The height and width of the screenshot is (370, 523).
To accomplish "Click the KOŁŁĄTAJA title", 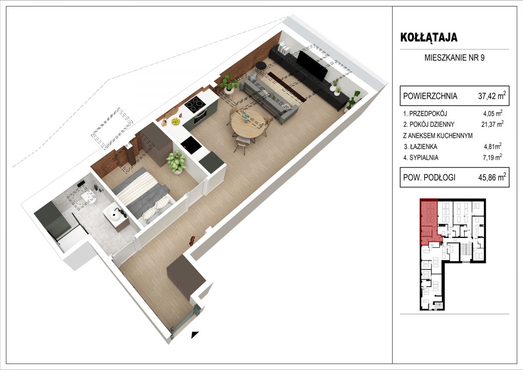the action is pos(429,37).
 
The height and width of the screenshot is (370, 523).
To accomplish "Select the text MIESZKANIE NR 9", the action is pos(454,58).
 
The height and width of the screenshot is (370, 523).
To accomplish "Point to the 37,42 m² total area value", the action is pos(492,96).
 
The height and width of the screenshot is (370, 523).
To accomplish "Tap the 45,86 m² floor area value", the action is pos(492,177).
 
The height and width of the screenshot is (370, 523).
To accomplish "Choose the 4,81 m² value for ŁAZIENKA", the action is pos(492,146).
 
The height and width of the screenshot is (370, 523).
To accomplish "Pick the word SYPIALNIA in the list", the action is pos(424,158).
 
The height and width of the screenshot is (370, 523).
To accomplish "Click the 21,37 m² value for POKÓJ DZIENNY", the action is pos(492,124).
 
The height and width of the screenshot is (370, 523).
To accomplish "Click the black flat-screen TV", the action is pos(312,64).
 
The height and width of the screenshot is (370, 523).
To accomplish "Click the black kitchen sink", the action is pos(191,145).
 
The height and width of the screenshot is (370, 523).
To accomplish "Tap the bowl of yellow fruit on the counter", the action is pos(175,121).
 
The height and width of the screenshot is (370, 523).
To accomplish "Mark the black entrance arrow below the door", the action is pos(195,335).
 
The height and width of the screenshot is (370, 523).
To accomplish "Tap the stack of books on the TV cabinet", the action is pos(284,48).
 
